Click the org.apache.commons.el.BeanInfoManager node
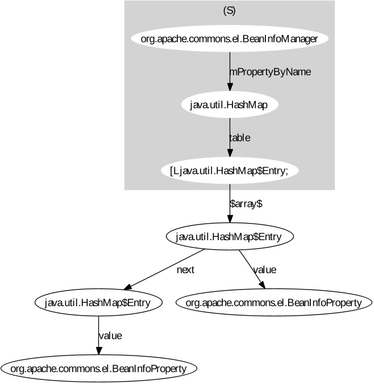[229, 39]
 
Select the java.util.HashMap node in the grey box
[229, 105]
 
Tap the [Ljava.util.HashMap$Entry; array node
[229, 171]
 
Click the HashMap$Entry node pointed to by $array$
[229, 237]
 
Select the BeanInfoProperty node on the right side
[273, 303]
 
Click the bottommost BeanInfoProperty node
[98, 369]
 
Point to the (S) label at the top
[229, 11]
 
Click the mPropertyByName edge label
[270, 72]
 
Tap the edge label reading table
[239, 138]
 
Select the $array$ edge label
[246, 204]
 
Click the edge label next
[185, 270]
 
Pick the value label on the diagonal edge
[264, 270]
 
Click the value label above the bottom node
[110, 336]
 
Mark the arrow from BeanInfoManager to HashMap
[229, 71]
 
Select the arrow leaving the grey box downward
[229, 203]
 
